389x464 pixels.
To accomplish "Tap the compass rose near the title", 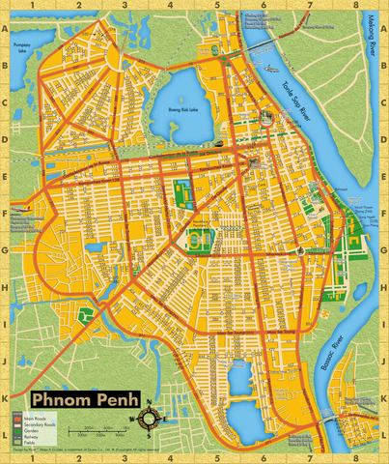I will pyautogui.click(x=152, y=419).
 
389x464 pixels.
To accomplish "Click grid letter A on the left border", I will pyautogui.click(x=6, y=28).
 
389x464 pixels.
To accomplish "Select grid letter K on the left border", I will pyautogui.click(x=6, y=396).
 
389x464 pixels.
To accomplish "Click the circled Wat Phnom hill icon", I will pyautogui.click(x=266, y=116).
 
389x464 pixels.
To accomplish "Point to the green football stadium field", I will pyautogui.click(x=200, y=237).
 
